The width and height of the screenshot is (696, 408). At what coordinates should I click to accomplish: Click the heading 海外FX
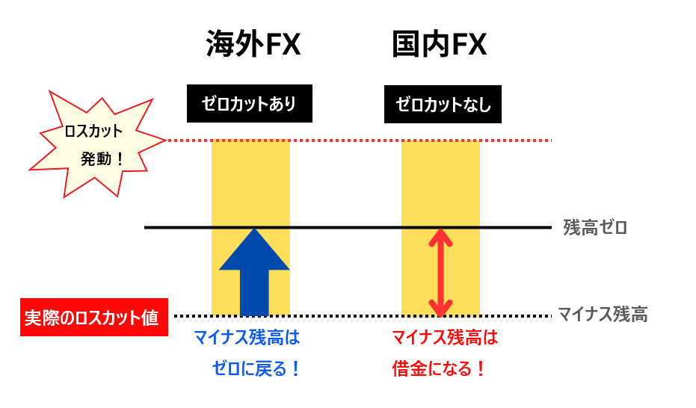[253, 46]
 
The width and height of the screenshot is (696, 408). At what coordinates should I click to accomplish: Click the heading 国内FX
[440, 46]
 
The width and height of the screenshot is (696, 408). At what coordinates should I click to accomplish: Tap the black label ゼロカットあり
[249, 104]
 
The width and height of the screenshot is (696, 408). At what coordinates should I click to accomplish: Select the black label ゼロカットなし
[443, 105]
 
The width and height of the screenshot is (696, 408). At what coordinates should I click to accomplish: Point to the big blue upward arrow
[254, 269]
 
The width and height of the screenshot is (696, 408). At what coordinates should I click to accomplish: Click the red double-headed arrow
[441, 272]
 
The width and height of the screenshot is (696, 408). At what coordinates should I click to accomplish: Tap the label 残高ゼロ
[595, 227]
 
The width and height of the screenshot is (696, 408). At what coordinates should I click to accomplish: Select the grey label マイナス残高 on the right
[603, 315]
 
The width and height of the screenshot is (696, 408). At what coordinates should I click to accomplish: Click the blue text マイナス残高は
[247, 339]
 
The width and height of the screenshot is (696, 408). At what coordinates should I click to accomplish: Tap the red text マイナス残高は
[445, 339]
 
